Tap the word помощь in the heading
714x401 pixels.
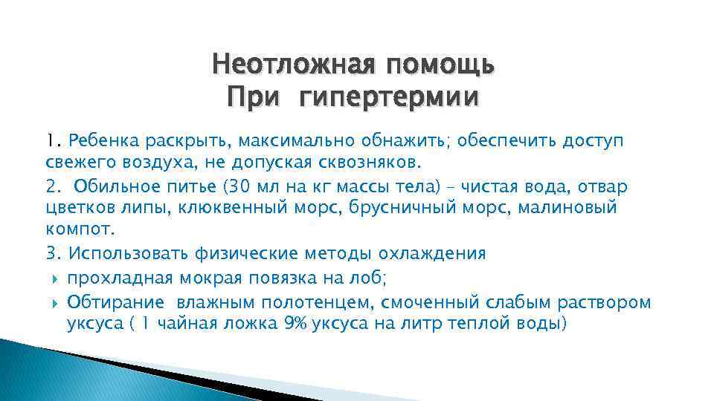click(x=438, y=66)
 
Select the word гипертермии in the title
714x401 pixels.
click(x=389, y=97)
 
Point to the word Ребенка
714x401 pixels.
click(x=96, y=141)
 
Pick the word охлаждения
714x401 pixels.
click(x=432, y=253)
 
